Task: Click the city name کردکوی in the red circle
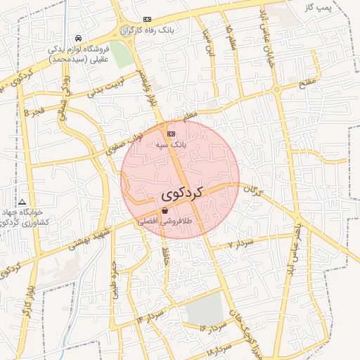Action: pos(181,192)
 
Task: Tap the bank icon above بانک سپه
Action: pos(171,134)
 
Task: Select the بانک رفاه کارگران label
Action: pos(166,31)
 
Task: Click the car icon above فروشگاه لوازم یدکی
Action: pos(77,37)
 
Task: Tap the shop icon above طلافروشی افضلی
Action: pos(165,210)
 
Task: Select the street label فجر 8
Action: pos(33,112)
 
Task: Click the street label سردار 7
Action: pos(240,244)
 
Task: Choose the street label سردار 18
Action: pos(220,349)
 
